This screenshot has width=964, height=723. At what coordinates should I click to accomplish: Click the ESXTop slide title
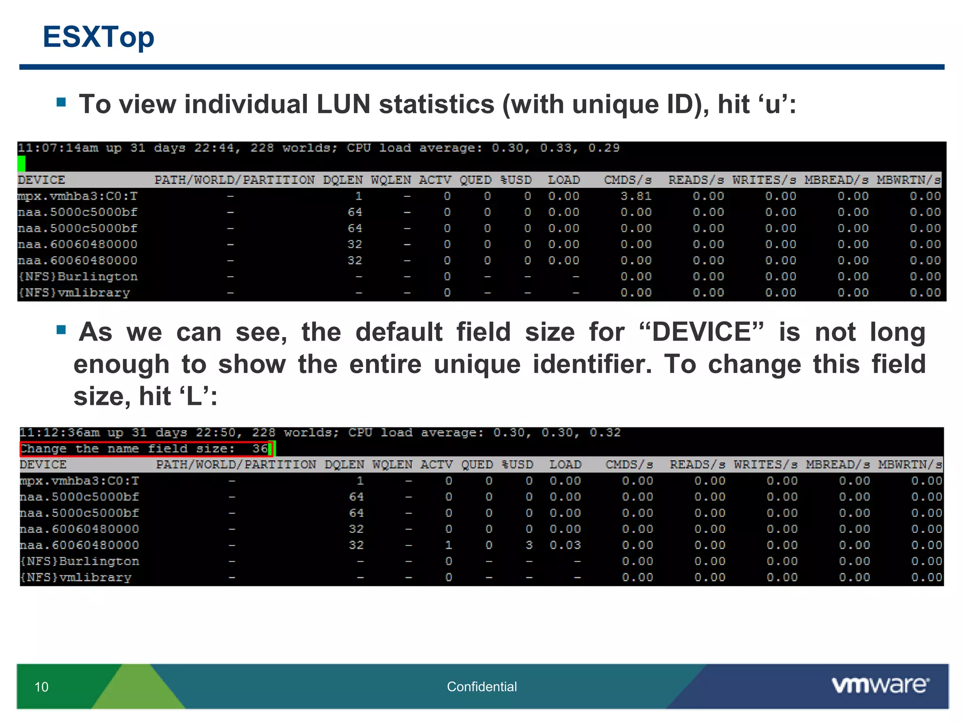click(98, 37)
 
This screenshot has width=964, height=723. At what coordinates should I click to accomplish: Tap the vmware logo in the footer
click(880, 685)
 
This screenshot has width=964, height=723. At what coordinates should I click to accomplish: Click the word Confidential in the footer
click(482, 687)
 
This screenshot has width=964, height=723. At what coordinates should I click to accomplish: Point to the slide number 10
click(41, 687)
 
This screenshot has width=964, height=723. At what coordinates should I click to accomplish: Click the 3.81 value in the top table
click(635, 196)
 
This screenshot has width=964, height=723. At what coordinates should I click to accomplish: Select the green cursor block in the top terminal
click(22, 164)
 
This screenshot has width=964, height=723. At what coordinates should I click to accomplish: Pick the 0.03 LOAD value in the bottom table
click(565, 545)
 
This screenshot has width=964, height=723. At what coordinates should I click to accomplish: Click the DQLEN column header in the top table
click(343, 180)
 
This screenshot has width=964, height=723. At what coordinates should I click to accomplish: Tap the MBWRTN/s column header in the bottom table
click(909, 465)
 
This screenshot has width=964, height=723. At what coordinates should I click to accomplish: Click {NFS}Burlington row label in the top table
click(78, 277)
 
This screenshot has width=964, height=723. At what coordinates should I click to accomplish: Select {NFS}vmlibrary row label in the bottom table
click(76, 578)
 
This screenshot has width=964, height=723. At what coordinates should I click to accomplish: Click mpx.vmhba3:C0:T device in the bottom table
click(80, 481)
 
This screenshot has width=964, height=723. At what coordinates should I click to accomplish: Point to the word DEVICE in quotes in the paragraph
click(701, 332)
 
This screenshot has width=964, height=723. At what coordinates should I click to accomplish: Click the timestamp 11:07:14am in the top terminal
click(58, 148)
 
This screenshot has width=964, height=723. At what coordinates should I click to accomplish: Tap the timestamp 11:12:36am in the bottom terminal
click(60, 433)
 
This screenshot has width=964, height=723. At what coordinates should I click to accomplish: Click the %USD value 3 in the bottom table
click(529, 545)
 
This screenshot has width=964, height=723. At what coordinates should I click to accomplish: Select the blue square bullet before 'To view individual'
click(61, 102)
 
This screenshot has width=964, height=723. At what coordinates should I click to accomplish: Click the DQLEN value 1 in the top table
click(359, 196)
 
